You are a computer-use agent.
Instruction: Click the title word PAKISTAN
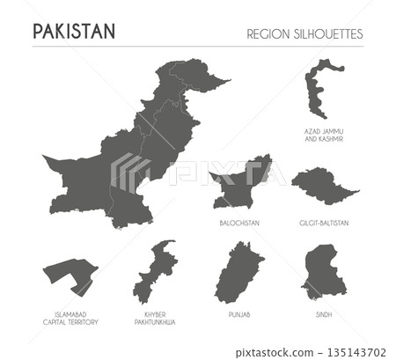point(73,32)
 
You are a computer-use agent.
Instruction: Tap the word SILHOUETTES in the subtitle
point(332,33)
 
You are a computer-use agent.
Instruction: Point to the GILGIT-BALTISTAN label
point(324,224)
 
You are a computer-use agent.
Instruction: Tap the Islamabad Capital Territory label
point(70,318)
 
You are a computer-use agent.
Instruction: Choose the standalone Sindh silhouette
point(323,273)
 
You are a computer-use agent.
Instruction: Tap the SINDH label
point(324,313)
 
